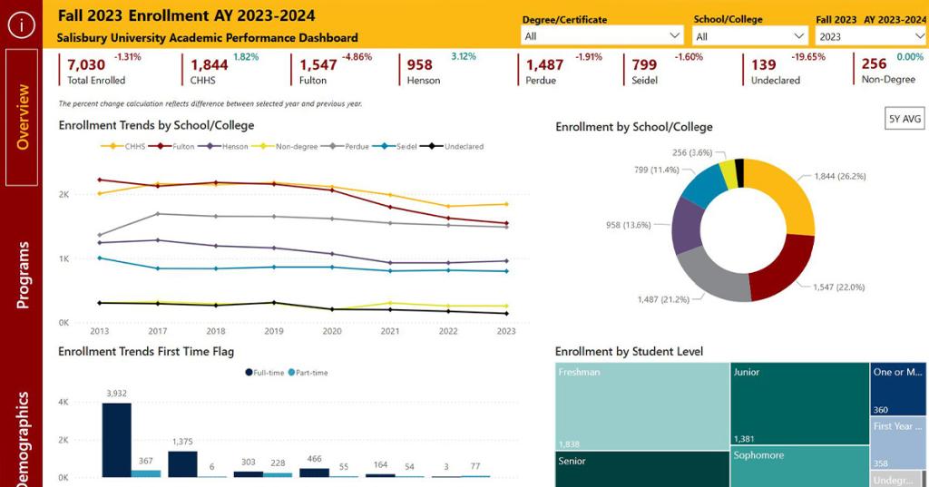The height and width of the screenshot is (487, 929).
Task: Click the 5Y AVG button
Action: (x=905, y=118)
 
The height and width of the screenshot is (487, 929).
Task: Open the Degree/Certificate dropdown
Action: (x=602, y=36)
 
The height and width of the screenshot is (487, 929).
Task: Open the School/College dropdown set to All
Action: (x=750, y=36)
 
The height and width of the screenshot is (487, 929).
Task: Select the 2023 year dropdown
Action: (x=870, y=36)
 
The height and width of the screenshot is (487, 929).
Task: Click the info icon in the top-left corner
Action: (x=21, y=24)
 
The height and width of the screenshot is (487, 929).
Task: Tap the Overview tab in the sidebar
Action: (x=22, y=117)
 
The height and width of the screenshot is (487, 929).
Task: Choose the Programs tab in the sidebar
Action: (x=22, y=275)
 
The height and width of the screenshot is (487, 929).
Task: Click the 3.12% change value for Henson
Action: (x=463, y=57)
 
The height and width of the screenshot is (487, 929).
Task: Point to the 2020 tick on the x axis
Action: (x=331, y=331)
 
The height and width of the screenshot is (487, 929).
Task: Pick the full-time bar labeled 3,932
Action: (x=116, y=440)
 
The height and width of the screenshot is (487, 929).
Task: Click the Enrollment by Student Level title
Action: (x=629, y=352)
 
